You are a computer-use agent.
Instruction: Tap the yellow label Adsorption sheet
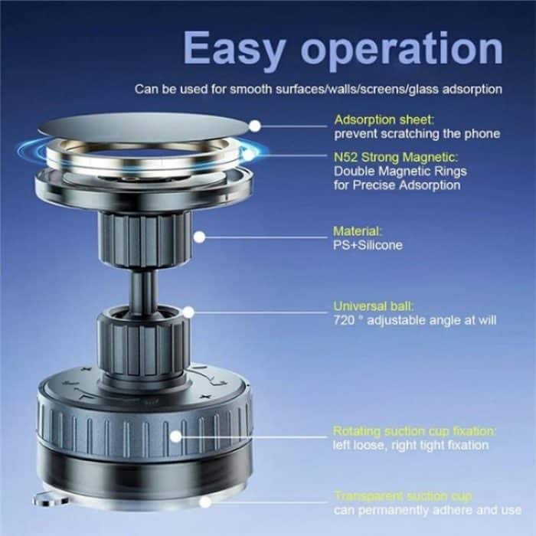point(384,120)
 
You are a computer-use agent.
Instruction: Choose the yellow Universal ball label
point(369,306)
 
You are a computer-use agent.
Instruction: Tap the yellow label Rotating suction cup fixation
point(414,430)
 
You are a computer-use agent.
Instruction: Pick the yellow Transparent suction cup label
point(403,495)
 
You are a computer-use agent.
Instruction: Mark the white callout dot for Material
point(199,237)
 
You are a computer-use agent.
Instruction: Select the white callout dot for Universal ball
point(188,312)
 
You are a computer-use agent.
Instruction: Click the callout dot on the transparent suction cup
point(205,502)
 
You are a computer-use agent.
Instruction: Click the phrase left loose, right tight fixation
point(410,445)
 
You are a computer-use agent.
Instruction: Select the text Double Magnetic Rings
point(400,172)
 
